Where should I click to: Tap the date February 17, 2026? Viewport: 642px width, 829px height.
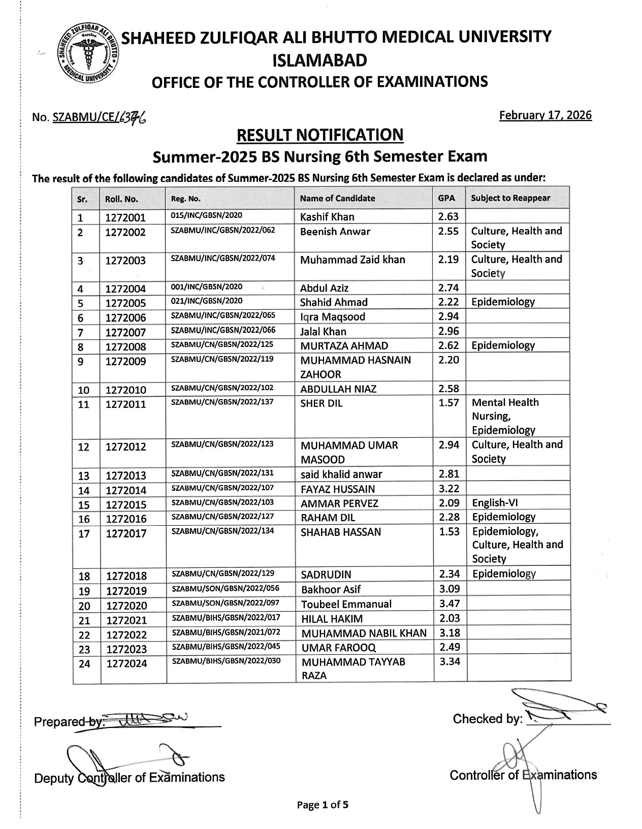pyautogui.click(x=545, y=115)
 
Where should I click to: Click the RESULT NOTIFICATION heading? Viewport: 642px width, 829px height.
pyautogui.click(x=320, y=135)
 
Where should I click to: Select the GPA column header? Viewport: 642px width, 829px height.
pyautogui.click(x=446, y=198)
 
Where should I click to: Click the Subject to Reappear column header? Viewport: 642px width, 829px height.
pyautogui.click(x=510, y=198)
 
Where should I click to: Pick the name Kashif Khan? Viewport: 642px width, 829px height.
pyautogui.click(x=327, y=217)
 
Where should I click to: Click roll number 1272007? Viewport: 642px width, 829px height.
pyautogui.click(x=125, y=333)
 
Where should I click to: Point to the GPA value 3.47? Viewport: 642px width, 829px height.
pyautogui.click(x=449, y=604)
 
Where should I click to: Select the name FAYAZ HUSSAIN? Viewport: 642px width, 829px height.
pyautogui.click(x=338, y=489)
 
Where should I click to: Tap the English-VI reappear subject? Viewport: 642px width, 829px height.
pyautogui.click(x=495, y=503)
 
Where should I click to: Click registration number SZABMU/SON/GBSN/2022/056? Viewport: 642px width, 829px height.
pyautogui.click(x=226, y=588)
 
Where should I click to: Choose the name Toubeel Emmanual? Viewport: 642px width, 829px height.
pyautogui.click(x=346, y=604)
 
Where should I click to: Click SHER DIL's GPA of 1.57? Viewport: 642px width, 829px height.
pyautogui.click(x=449, y=403)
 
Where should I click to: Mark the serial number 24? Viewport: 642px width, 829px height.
pyautogui.click(x=84, y=663)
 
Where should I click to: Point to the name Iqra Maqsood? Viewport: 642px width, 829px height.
pyautogui.click(x=333, y=317)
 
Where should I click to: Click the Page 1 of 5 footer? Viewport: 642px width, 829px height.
pyautogui.click(x=323, y=805)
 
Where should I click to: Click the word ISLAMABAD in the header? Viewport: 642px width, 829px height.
pyautogui.click(x=320, y=61)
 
